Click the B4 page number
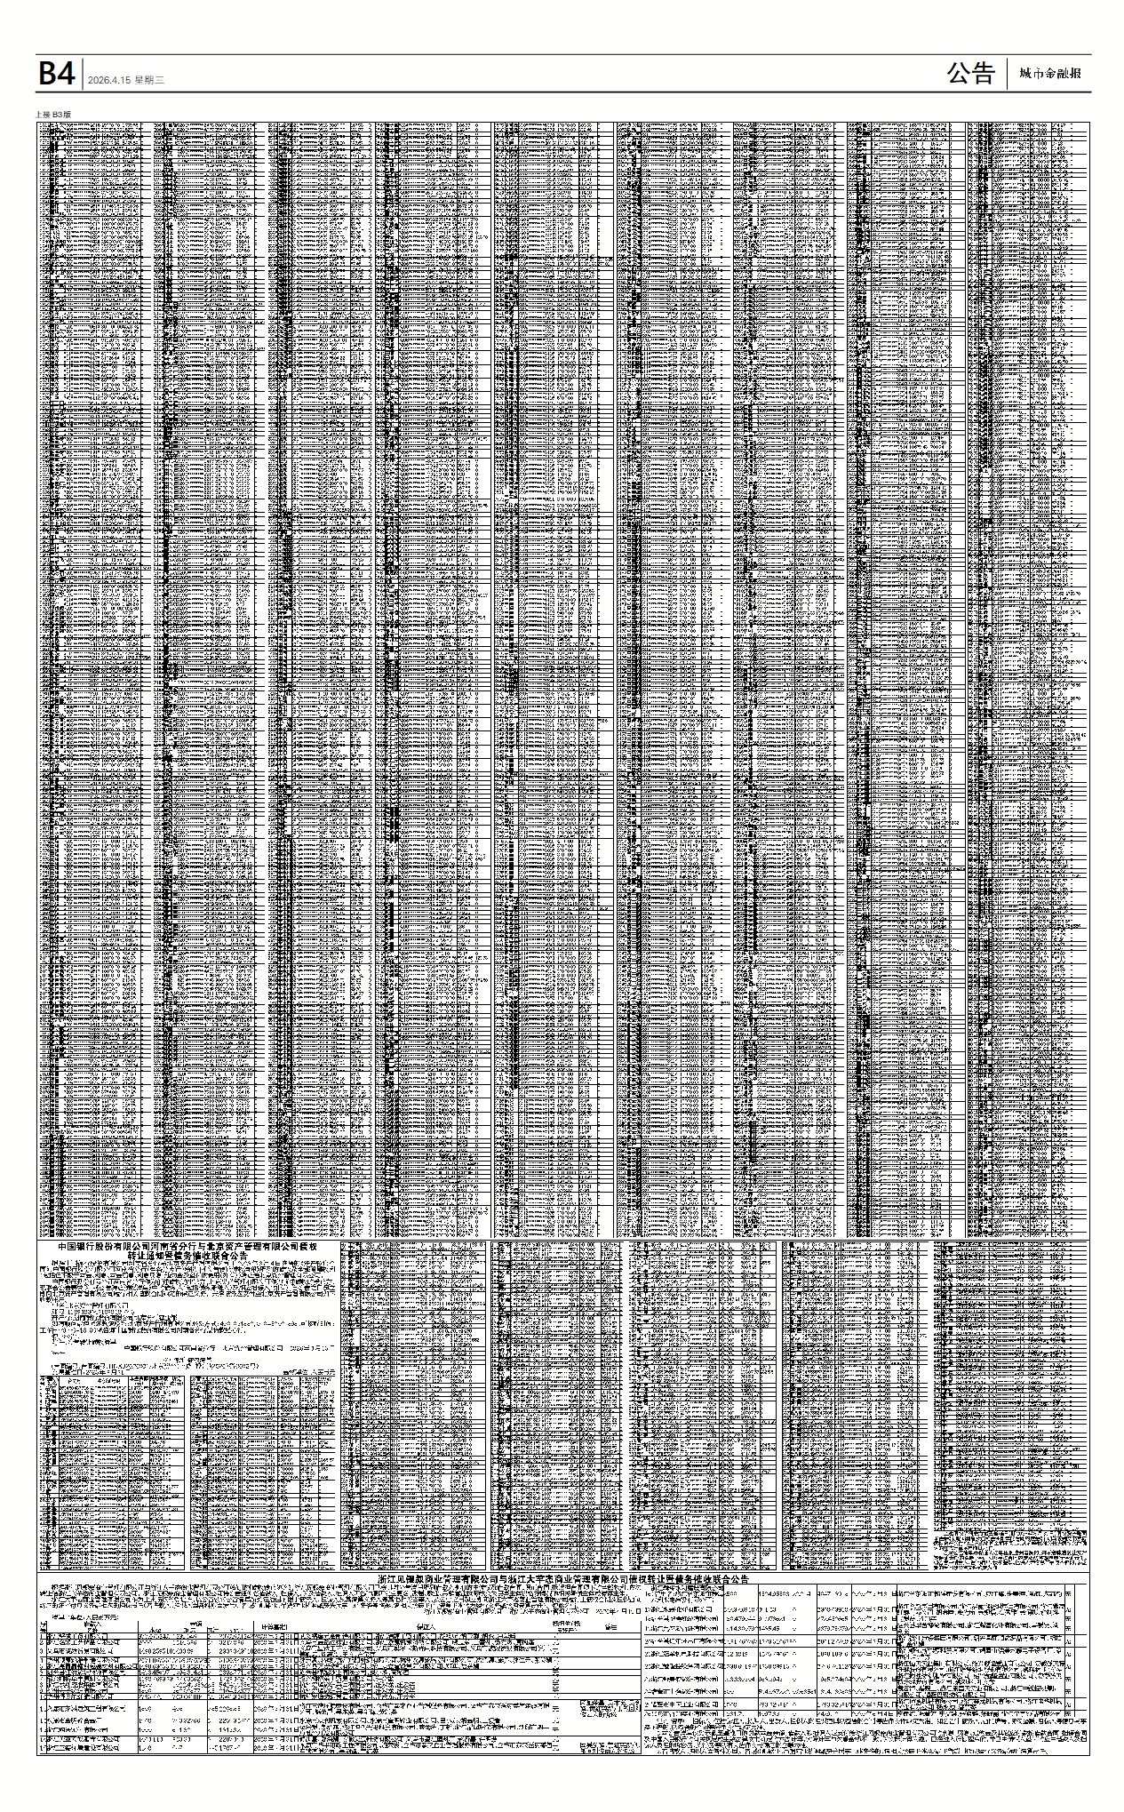[x=55, y=74]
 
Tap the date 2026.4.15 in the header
[x=109, y=80]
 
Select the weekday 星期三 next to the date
[x=150, y=80]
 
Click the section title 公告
[x=970, y=74]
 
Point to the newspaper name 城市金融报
[x=1050, y=74]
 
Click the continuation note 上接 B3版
[x=52, y=115]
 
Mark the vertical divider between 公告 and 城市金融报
[x=1008, y=74]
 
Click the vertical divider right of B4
[x=83, y=74]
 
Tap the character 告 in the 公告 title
[x=983, y=74]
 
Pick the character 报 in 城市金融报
[x=1075, y=74]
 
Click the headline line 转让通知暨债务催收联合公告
[x=187, y=1257]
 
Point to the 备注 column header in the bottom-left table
[x=610, y=1625]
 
